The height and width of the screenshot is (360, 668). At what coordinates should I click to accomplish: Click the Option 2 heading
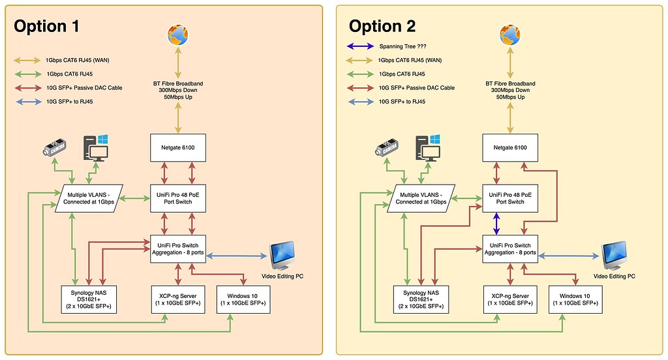coord(382,26)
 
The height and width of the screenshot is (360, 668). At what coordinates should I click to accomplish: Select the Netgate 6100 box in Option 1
coord(178,147)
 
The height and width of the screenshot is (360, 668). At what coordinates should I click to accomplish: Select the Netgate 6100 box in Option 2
coord(511,147)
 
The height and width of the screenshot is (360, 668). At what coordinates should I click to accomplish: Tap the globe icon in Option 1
coord(177,36)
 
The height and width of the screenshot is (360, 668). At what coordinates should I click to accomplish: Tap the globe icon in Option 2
coord(510,36)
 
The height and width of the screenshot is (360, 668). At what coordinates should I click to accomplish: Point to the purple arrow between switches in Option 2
coord(497,226)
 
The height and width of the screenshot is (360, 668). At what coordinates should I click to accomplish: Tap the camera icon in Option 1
coord(55,148)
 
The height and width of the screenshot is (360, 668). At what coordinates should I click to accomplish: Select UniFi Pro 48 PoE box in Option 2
coord(511,198)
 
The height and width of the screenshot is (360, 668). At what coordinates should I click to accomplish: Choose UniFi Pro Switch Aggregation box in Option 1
coord(178,248)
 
